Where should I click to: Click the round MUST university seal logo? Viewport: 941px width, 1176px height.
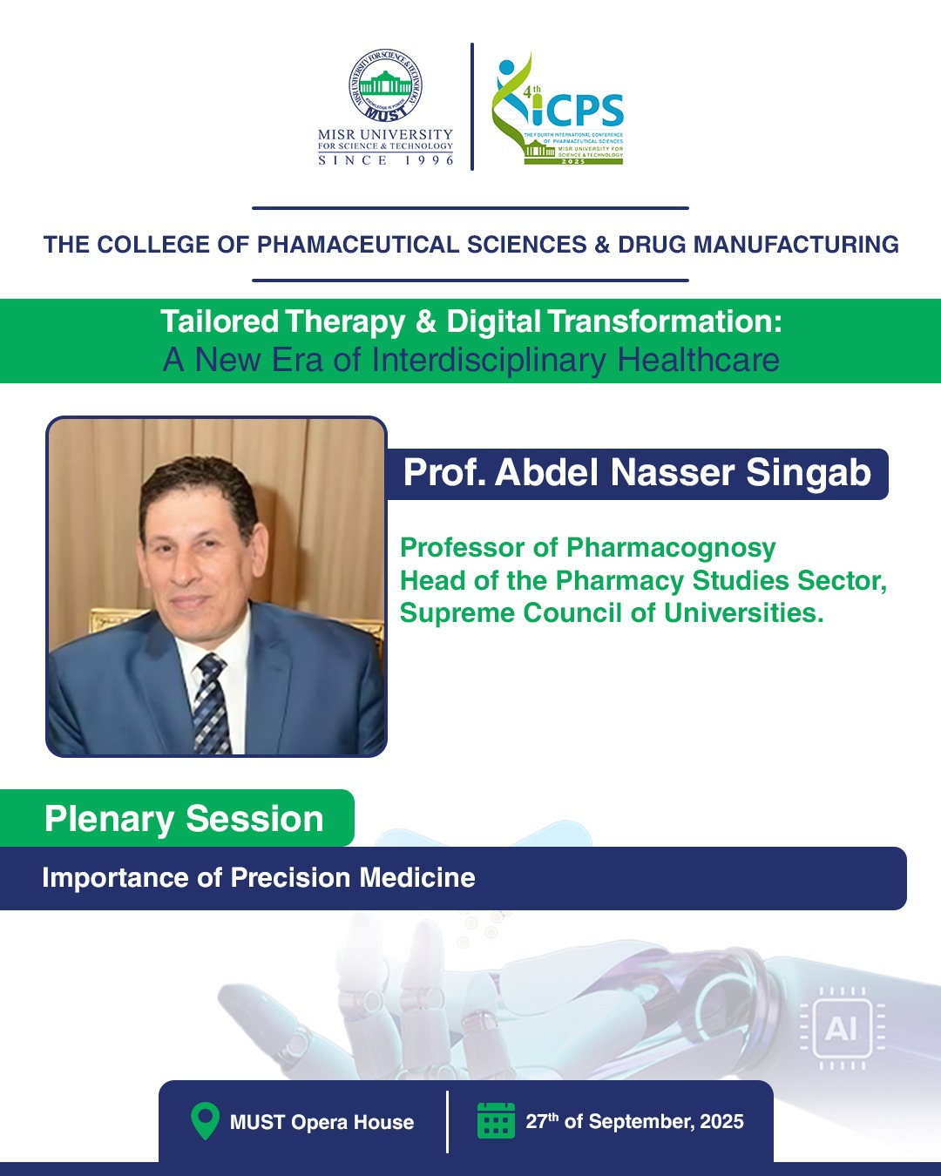click(x=385, y=85)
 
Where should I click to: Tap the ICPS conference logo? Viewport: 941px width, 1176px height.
click(x=558, y=108)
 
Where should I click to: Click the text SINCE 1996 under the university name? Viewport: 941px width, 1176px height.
click(x=385, y=160)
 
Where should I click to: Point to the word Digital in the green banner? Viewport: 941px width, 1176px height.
click(x=493, y=321)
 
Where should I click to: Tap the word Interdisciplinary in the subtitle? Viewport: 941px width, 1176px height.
click(x=489, y=360)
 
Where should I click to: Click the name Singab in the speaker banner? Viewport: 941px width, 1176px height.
click(x=809, y=472)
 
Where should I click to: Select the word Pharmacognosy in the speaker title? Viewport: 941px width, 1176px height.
click(x=671, y=548)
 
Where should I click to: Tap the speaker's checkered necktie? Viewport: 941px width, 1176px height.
click(x=212, y=704)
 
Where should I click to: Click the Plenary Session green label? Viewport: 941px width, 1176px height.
click(x=177, y=818)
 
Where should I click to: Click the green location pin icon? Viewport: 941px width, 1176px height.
click(x=205, y=1121)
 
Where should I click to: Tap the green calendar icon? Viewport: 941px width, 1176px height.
click(x=496, y=1120)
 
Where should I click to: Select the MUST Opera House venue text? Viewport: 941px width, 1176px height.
click(x=322, y=1122)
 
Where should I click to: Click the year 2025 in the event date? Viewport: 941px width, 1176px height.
click(x=721, y=1121)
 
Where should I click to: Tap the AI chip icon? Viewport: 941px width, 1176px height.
click(x=842, y=1028)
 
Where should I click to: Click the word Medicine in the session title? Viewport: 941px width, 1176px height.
click(x=417, y=877)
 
